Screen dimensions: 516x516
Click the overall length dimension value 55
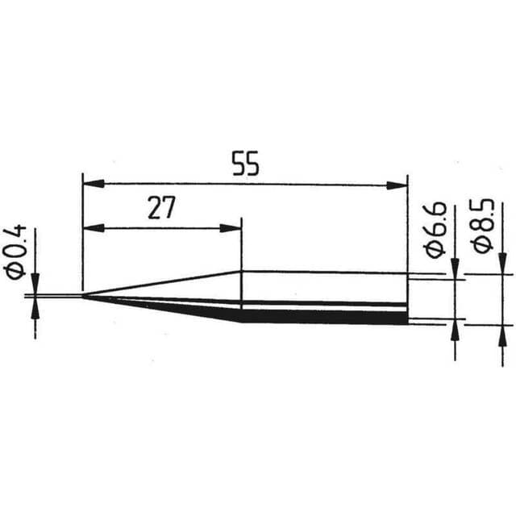pos(245,166)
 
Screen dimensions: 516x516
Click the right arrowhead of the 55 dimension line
pos(398,185)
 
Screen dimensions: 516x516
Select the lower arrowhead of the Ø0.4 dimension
pos(35,308)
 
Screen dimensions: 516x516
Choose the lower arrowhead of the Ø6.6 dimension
pos(455,329)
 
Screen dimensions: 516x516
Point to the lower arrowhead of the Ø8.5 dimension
pos(503,334)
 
